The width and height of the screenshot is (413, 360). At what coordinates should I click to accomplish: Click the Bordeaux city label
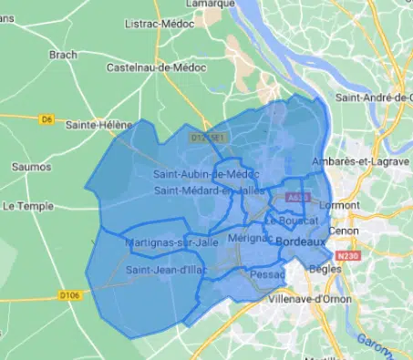pos(300,242)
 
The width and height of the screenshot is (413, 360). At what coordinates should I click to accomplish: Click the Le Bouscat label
pos(292,221)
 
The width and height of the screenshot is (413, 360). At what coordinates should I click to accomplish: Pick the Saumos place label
pos(33,167)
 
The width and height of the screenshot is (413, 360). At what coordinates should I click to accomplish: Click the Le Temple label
pos(25,207)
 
